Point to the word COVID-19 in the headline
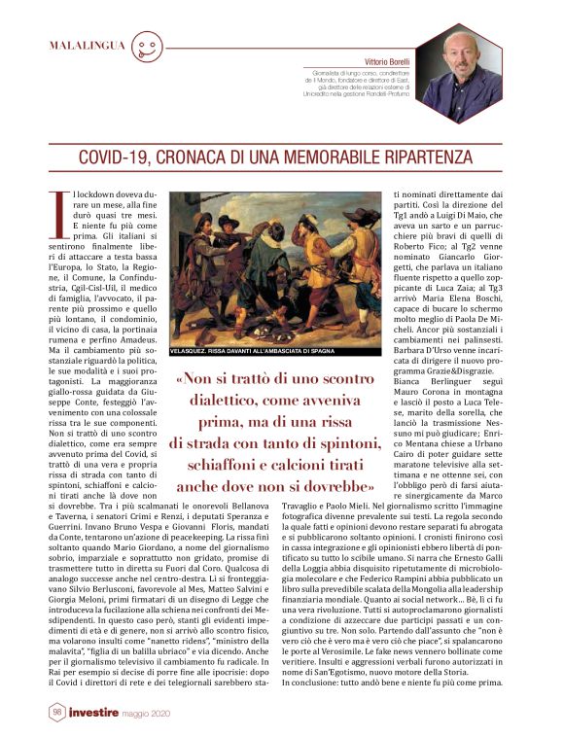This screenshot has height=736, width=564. tap(114, 158)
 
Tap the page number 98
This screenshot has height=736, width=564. tap(57, 713)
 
